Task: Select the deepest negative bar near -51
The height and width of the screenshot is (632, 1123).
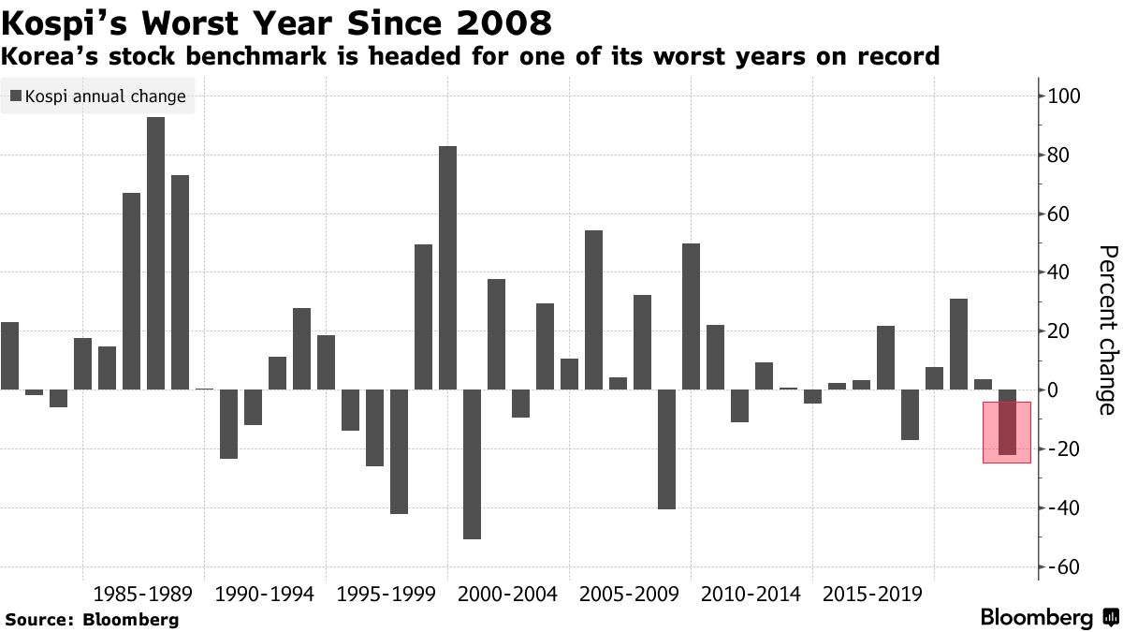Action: (x=472, y=477)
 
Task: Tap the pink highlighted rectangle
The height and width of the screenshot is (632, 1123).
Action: (x=1007, y=432)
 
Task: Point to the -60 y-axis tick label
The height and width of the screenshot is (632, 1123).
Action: (x=1068, y=567)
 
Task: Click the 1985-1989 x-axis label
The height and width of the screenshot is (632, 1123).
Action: (x=142, y=594)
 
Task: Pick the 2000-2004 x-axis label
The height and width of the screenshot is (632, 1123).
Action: (x=507, y=594)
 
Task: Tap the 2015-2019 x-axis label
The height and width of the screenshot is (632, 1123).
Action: (x=871, y=594)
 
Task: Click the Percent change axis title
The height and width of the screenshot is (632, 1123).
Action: (x=1106, y=330)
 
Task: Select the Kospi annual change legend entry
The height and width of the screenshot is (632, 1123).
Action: (x=98, y=96)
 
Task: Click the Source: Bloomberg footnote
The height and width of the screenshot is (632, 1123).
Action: (x=92, y=619)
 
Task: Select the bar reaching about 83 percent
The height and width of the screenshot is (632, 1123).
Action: (x=447, y=281)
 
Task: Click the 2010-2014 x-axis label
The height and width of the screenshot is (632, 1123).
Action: (x=750, y=594)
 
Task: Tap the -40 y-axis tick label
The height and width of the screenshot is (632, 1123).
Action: (x=1068, y=507)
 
